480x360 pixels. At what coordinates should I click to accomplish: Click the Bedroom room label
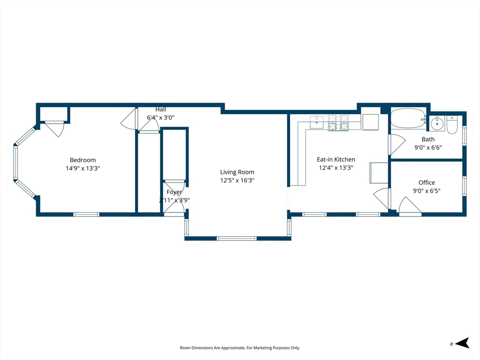(82, 160)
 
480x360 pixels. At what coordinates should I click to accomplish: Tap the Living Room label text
(237, 172)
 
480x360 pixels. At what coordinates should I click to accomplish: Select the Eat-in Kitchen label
(336, 159)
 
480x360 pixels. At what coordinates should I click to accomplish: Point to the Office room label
(427, 182)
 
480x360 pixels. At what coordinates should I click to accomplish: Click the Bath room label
(428, 139)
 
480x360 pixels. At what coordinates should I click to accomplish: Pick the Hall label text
(161, 109)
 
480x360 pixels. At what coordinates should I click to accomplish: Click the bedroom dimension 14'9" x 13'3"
(82, 168)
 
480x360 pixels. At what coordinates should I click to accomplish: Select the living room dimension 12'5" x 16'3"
(237, 180)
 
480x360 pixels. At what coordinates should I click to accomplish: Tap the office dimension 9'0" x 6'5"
(427, 191)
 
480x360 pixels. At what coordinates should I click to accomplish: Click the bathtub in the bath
(408, 119)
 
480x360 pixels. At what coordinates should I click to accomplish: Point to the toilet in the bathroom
(452, 125)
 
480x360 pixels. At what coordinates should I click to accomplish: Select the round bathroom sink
(437, 124)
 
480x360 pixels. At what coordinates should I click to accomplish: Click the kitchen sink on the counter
(316, 122)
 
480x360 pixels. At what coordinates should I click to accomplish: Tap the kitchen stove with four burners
(338, 123)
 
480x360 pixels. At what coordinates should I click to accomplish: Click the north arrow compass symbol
(462, 343)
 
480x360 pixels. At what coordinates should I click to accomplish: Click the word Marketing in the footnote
(263, 348)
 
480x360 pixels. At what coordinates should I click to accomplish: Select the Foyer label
(174, 192)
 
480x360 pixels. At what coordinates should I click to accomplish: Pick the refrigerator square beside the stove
(371, 122)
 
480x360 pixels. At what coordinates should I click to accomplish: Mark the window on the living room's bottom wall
(236, 238)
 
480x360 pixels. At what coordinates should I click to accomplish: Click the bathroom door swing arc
(398, 144)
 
